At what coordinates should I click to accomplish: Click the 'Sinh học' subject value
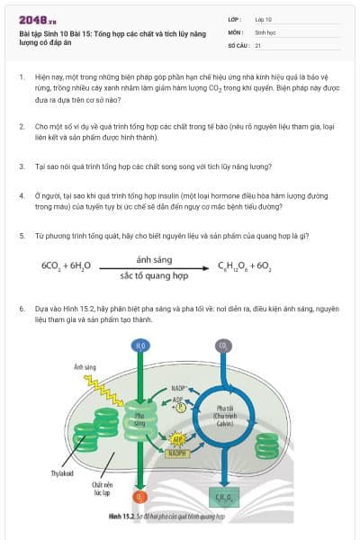point(265,31)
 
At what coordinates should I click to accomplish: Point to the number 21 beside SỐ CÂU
point(258,43)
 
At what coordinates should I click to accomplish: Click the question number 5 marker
point(22,235)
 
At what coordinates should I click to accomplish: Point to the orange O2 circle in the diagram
point(139,496)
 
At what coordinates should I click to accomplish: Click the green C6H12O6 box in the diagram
point(222,496)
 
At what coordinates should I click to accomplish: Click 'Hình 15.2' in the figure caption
point(121,517)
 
